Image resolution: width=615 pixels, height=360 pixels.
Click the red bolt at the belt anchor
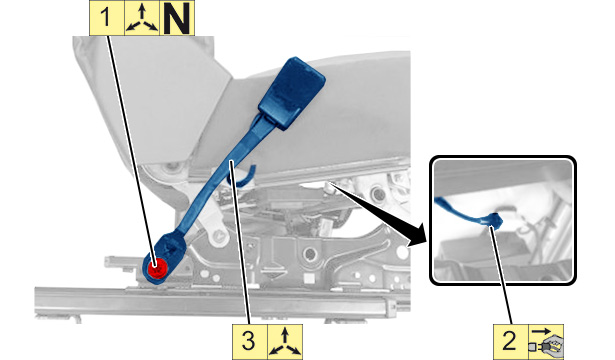[x=157, y=268]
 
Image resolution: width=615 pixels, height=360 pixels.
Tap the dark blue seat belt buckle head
[x=292, y=92]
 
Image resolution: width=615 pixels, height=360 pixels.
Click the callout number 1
[x=107, y=18]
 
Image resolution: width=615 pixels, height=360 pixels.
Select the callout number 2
[x=510, y=341]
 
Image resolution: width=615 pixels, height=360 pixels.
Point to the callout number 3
[x=249, y=341]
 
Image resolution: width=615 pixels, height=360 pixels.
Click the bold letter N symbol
[x=177, y=18]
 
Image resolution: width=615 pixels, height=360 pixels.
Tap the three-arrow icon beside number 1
[x=142, y=18]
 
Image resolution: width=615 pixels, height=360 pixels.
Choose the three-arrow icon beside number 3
[x=285, y=341]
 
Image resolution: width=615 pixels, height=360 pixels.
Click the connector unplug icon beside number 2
[x=546, y=341]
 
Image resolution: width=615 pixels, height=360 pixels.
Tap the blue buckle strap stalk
[x=220, y=176]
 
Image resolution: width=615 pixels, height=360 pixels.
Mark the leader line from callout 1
[x=132, y=149]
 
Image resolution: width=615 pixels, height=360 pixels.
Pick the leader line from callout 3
[x=240, y=242]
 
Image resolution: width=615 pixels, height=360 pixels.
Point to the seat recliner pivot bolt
[x=172, y=168]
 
